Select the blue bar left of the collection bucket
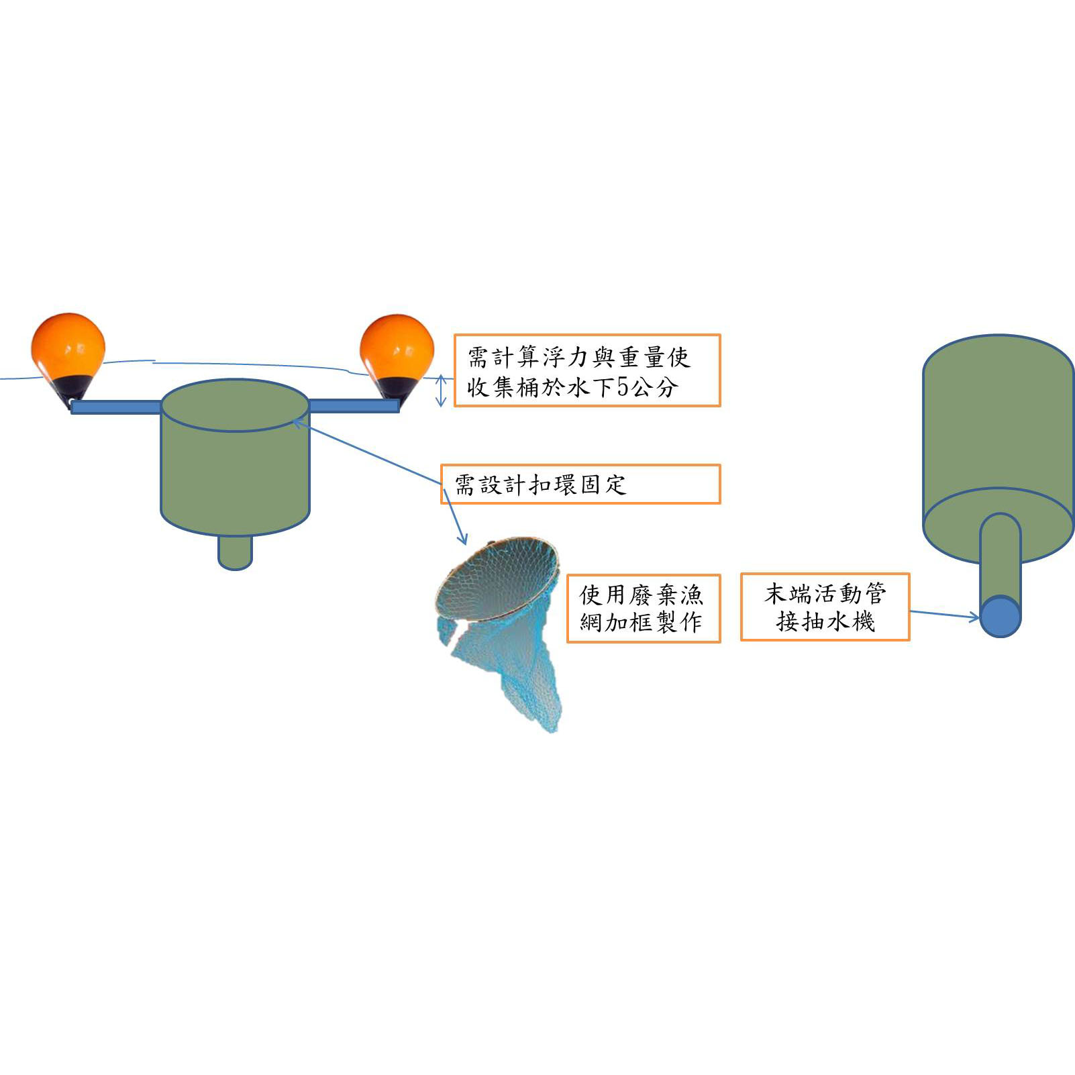pos(116,407)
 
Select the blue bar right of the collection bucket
pos(354,405)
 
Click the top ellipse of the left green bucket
pos(235,405)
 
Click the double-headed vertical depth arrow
pos(441,390)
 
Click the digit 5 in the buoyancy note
pos(623,387)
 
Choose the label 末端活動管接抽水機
pos(825,607)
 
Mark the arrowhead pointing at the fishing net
pos(462,539)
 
